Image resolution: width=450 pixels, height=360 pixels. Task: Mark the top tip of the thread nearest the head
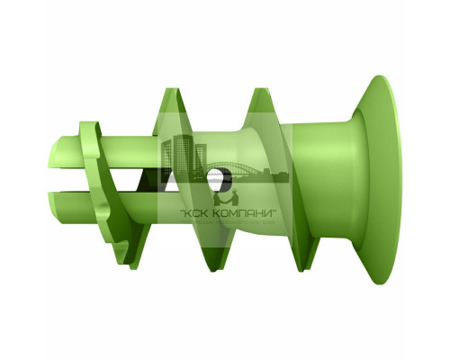click(x=262, y=90)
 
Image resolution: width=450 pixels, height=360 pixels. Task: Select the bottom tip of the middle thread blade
click(x=211, y=268)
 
